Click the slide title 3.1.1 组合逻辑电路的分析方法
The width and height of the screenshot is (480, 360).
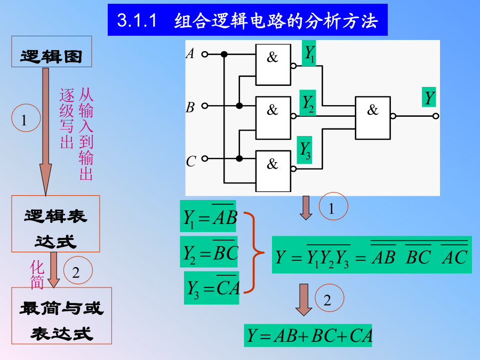click(x=247, y=20)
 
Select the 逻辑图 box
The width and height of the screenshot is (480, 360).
click(x=51, y=51)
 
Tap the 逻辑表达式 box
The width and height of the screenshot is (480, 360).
click(x=55, y=224)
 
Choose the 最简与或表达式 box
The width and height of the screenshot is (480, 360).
click(x=61, y=316)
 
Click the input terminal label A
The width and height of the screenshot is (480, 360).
click(x=190, y=53)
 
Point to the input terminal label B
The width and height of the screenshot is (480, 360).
click(x=190, y=107)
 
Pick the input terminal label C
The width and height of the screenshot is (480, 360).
click(x=191, y=161)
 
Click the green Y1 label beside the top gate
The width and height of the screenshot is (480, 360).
click(x=309, y=53)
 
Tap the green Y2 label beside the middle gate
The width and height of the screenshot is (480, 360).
click(x=308, y=103)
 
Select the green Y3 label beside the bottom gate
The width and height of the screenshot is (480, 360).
click(x=305, y=150)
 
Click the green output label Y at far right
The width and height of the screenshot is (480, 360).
click(x=429, y=97)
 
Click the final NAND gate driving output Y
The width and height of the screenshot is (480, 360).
click(x=373, y=118)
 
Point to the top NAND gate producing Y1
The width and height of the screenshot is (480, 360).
click(x=273, y=65)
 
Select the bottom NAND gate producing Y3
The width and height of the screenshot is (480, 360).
click(x=273, y=171)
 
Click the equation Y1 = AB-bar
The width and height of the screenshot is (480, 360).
click(x=208, y=216)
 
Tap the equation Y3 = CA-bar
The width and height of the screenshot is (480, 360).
click(x=212, y=288)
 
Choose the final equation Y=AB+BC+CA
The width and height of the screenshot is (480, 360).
click(x=308, y=335)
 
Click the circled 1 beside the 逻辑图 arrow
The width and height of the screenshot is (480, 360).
click(x=26, y=118)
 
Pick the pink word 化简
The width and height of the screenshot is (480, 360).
click(x=37, y=275)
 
